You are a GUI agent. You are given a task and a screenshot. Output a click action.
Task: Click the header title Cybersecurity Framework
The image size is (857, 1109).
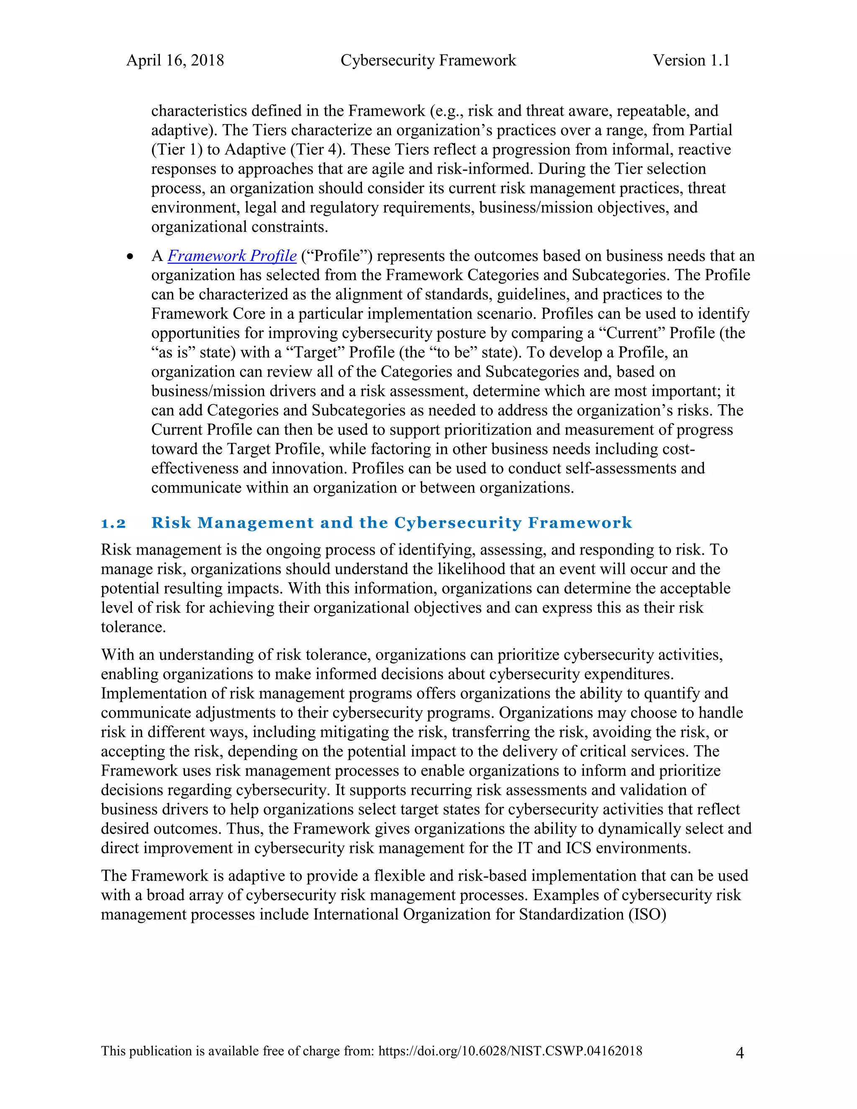click(428, 60)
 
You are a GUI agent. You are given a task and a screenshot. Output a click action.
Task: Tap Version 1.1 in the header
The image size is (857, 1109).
click(691, 60)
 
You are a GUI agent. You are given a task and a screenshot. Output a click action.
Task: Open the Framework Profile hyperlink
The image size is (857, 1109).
click(232, 256)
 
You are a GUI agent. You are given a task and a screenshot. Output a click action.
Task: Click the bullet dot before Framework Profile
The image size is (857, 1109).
click(131, 257)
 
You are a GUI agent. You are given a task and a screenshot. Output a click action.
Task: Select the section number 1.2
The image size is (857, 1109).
click(113, 523)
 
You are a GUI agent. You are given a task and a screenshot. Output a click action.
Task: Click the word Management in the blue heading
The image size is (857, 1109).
click(255, 523)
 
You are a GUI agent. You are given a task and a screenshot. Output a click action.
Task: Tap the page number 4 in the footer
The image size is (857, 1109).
click(740, 1053)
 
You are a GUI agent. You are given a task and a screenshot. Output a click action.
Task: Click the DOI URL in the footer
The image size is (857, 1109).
click(510, 1051)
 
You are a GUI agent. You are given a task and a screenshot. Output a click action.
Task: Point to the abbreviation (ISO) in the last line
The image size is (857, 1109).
click(647, 914)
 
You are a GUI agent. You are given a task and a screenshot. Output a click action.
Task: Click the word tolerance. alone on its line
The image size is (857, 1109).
click(133, 627)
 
